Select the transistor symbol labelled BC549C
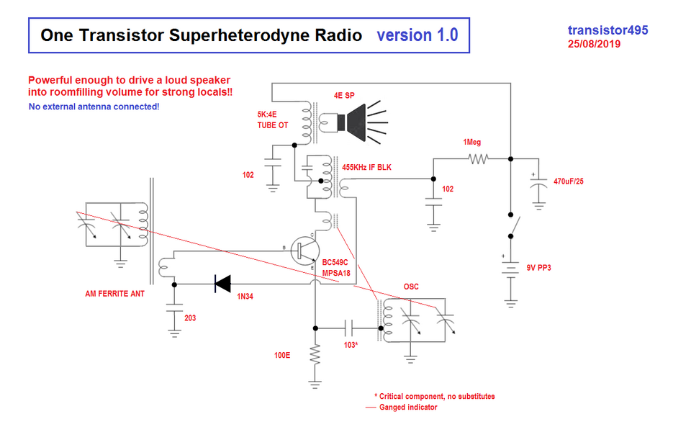point(307,249)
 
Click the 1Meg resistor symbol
point(476,158)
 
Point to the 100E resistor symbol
point(315,354)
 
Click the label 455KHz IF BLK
point(371,168)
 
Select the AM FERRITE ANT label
point(114,293)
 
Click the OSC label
point(412,287)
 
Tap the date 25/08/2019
point(595,44)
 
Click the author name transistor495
point(608,30)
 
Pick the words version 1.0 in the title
point(417,35)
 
